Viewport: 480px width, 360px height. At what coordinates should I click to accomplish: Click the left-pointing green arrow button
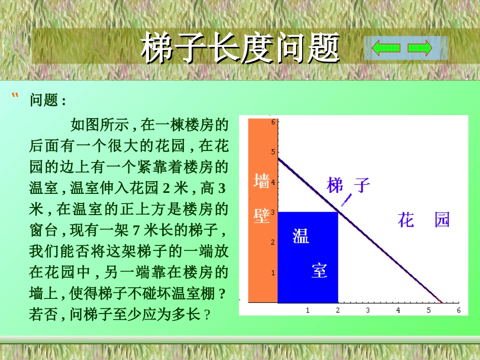point(386,48)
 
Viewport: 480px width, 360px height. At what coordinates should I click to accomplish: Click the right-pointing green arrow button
point(420,48)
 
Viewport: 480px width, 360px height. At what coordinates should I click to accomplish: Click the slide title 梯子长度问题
point(240,48)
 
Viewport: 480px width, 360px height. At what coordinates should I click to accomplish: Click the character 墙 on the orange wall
point(261,181)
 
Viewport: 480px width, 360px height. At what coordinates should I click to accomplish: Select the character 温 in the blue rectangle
point(301,236)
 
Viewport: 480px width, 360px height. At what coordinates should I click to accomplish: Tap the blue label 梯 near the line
point(335,185)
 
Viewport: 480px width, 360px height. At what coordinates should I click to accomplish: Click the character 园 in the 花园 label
point(442,220)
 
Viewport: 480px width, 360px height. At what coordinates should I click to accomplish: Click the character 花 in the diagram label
point(406,220)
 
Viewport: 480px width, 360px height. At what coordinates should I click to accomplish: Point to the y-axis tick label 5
point(273,151)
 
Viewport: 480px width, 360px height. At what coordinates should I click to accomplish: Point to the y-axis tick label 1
point(273,273)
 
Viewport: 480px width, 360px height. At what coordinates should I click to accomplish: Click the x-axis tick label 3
point(368,310)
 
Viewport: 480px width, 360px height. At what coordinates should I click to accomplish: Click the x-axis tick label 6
point(459,310)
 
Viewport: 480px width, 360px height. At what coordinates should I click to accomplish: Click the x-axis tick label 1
point(308,310)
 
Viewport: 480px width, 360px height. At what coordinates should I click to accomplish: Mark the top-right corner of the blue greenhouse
point(338,212)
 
